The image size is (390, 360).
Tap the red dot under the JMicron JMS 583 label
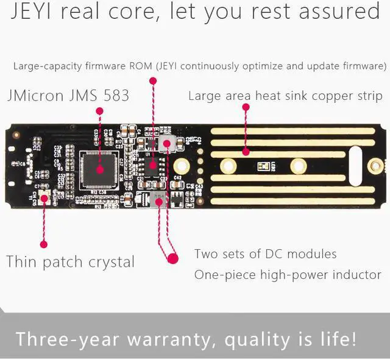(99, 111)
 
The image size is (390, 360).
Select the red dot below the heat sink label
(246, 107)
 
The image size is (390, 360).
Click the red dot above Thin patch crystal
(43, 244)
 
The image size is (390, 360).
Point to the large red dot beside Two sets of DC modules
(173, 258)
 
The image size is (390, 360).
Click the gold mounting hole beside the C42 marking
(181, 166)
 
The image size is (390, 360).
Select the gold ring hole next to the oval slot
(376, 164)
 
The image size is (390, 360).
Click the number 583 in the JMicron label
(115, 96)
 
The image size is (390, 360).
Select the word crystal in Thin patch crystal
(110, 263)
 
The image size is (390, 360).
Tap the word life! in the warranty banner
(335, 339)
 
